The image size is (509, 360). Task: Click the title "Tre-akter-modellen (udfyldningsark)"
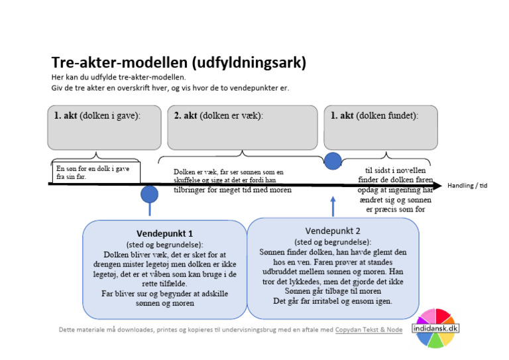pyautogui.click(x=178, y=63)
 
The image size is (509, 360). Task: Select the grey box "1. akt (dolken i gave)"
pyautogui.click(x=104, y=127)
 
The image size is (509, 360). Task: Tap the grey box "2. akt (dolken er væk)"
pyautogui.click(x=242, y=127)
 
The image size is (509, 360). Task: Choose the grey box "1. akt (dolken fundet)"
pyautogui.click(x=382, y=127)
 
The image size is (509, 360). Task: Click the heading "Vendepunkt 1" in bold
pyautogui.click(x=164, y=234)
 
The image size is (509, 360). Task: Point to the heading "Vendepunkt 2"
pyautogui.click(x=333, y=231)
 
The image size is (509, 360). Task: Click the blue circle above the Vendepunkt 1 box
pyautogui.click(x=150, y=194)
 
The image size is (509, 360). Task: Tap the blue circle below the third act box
pyautogui.click(x=333, y=160)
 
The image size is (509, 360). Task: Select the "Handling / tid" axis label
pyautogui.click(x=467, y=186)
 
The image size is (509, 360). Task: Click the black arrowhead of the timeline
pyautogui.click(x=437, y=185)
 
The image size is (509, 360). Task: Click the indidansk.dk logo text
pyautogui.click(x=435, y=328)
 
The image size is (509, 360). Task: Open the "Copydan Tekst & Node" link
pyautogui.click(x=368, y=330)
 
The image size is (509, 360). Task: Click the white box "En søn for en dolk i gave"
pyautogui.click(x=95, y=172)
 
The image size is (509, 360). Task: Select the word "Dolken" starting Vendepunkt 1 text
pyautogui.click(x=118, y=254)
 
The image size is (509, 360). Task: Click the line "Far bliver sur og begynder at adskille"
pyautogui.click(x=165, y=293)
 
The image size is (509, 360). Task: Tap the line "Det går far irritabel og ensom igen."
pyautogui.click(x=332, y=300)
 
